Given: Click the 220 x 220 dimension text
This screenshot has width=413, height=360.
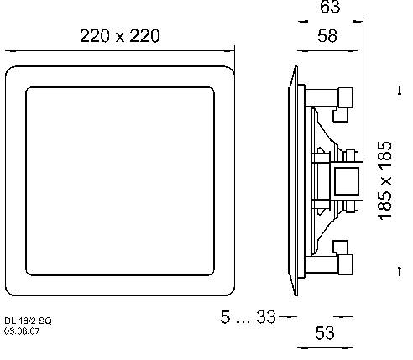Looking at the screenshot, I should [x=119, y=35].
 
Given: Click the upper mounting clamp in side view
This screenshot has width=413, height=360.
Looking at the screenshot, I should [x=344, y=101].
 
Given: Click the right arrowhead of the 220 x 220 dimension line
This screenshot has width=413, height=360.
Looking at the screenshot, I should [x=231, y=50].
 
